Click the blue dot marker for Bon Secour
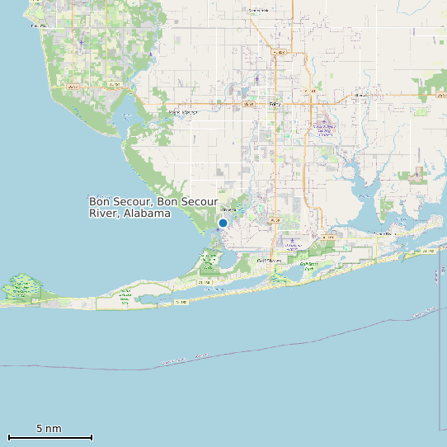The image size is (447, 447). (223, 223)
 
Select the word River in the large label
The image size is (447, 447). (105, 213)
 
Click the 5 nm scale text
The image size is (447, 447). (49, 429)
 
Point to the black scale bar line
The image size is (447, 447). (49, 437)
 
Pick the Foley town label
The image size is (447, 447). (275, 104)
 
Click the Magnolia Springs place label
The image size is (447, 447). (183, 111)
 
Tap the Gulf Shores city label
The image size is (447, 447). (269, 261)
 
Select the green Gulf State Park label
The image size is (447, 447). (308, 266)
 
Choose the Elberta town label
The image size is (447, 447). (360, 95)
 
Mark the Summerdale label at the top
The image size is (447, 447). (258, 10)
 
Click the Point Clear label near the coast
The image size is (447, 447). (39, 26)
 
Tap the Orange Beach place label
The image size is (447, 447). (384, 234)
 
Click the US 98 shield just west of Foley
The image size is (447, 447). (247, 105)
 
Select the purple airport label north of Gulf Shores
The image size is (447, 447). (294, 246)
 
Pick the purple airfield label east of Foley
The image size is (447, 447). (324, 129)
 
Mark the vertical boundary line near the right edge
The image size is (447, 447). (437, 346)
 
